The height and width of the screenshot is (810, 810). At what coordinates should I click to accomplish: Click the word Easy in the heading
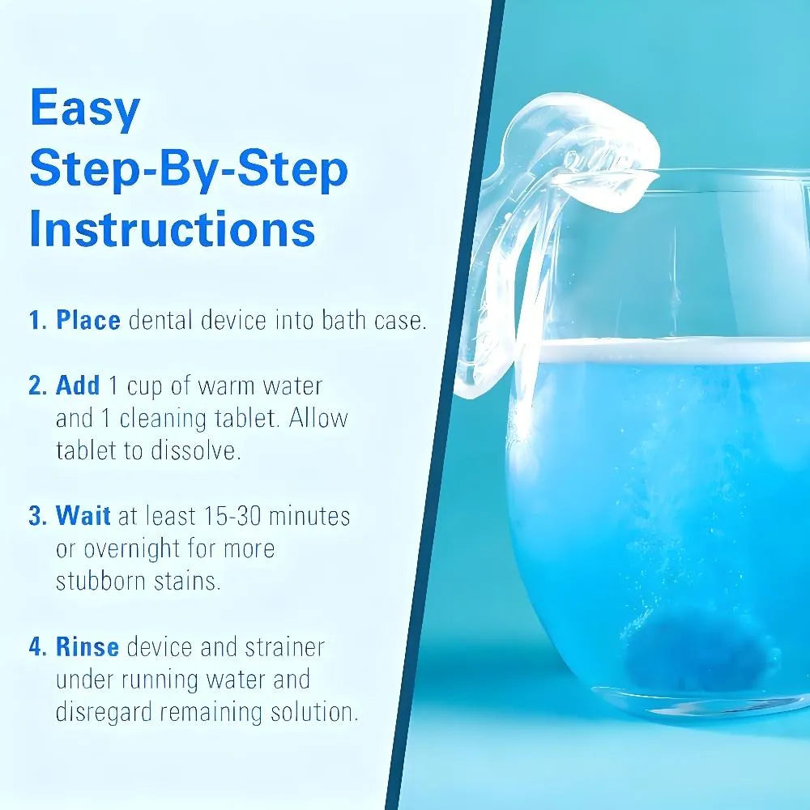point(85,110)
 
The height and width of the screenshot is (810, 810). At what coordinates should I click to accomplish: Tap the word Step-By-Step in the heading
point(189,169)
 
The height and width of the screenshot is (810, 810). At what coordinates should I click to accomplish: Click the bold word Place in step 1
point(87,320)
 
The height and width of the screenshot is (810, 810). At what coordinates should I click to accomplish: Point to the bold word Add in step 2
point(78,386)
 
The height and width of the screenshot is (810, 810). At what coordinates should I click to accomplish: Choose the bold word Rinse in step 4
point(87,647)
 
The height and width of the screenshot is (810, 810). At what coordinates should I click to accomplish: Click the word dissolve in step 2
point(195,451)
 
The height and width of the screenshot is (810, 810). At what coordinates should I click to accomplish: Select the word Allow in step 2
point(318,418)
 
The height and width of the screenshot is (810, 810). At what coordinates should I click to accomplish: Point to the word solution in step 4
point(309,713)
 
